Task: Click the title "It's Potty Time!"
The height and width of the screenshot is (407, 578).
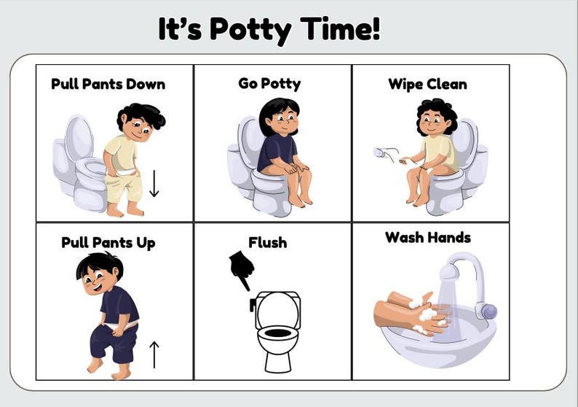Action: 269,30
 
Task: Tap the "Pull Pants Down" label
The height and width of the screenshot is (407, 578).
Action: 108,84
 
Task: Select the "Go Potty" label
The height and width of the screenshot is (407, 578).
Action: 269,83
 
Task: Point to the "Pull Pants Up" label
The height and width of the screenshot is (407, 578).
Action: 108,242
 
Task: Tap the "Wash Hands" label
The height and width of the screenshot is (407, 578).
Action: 428,237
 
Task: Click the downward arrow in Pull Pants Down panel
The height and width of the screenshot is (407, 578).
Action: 154,183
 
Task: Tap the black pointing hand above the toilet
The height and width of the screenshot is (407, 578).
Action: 241,269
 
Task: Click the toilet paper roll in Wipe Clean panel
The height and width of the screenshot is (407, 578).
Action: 379,153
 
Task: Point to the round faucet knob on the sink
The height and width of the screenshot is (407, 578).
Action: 490,311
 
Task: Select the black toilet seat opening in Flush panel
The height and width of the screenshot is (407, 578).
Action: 277,333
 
